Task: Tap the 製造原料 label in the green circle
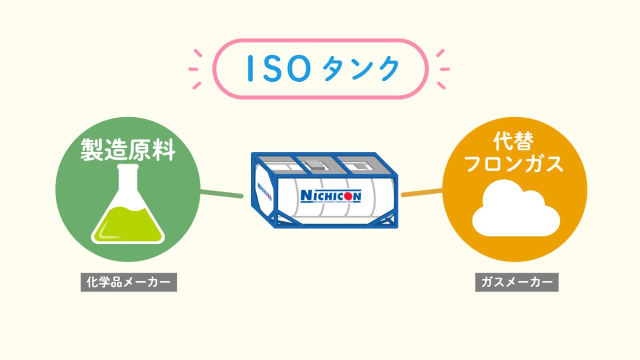click(x=128, y=150)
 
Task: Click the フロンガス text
click(x=514, y=164)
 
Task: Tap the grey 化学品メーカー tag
click(x=129, y=283)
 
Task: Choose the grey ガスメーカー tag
click(x=516, y=283)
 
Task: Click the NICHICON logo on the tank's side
click(x=331, y=196)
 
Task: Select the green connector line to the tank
click(x=222, y=194)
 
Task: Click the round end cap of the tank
click(x=264, y=190)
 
